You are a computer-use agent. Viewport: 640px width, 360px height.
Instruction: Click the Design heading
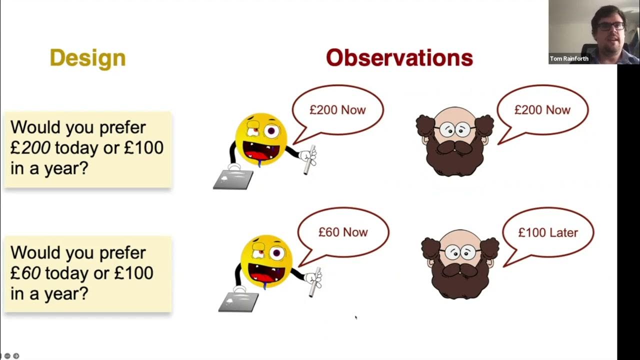coord(87,58)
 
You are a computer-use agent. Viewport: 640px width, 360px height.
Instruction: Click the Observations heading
coord(399,58)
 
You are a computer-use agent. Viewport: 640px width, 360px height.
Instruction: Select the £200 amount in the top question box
coord(30,148)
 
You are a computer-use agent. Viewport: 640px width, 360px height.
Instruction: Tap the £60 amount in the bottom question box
coord(27,273)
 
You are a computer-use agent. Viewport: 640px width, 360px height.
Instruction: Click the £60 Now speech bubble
coord(343,232)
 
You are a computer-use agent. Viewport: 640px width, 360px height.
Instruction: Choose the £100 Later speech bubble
coord(548,232)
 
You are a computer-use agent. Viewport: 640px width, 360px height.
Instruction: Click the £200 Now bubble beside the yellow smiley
coord(337,110)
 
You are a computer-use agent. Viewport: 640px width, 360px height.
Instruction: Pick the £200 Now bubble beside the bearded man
coord(542,110)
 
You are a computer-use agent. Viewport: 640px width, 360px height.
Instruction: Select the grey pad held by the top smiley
coord(233,179)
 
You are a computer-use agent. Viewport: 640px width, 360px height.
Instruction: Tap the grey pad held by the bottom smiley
coord(238,301)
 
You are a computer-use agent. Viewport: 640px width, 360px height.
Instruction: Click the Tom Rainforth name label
coord(569,58)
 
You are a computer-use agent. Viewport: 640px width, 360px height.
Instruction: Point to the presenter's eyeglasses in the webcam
coord(610,25)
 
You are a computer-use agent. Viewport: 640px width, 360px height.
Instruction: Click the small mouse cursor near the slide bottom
coord(355,316)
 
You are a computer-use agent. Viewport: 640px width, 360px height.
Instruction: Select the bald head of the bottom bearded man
coord(459,238)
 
